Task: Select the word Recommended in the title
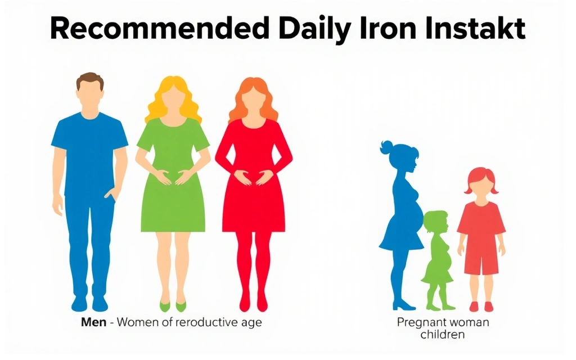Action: [160, 29]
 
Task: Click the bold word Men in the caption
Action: [94, 322]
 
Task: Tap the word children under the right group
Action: [442, 335]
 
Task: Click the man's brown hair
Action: [90, 80]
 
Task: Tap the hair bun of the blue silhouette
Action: [387, 147]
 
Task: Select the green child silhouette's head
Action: [436, 222]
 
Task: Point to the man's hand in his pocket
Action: [111, 195]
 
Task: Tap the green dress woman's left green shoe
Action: [165, 306]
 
